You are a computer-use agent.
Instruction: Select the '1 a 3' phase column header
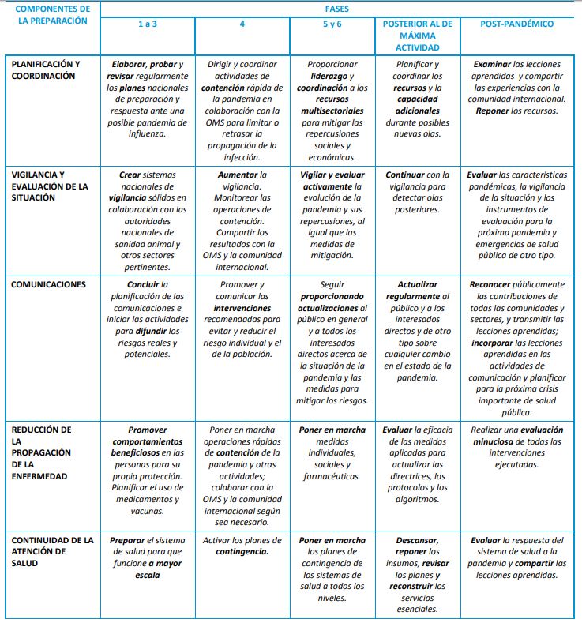click(147, 24)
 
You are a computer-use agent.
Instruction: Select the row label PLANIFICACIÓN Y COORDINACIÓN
click(45, 70)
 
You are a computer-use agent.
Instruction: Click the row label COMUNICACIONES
click(44, 284)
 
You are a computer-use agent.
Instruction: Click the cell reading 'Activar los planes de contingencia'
click(242, 546)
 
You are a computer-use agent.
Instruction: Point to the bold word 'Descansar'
click(416, 541)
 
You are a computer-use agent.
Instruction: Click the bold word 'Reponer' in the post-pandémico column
click(493, 111)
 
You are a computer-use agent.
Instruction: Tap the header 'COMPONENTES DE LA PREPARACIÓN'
click(53, 15)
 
